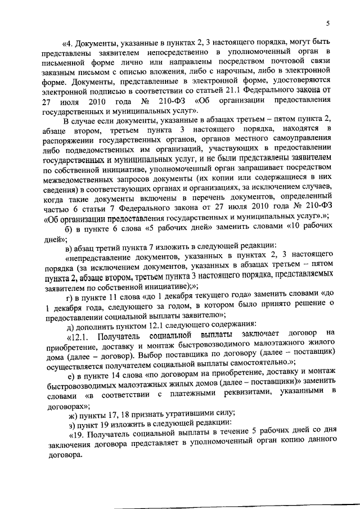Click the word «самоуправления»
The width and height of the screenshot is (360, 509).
[304, 141]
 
